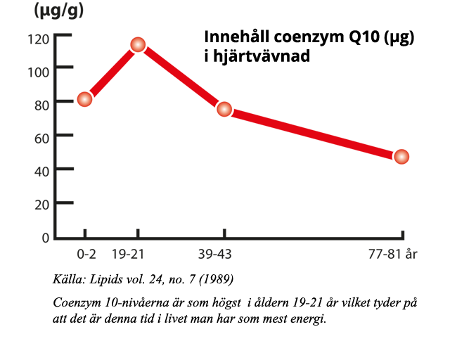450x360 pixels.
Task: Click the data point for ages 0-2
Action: [85, 99]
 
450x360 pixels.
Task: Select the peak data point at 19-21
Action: [138, 45]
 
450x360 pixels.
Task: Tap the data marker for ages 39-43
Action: [224, 109]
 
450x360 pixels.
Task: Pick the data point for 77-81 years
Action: [401, 156]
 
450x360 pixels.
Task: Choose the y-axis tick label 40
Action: [41, 170]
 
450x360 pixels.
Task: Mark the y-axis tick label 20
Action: [41, 204]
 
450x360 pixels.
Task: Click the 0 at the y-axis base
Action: [45, 238]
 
